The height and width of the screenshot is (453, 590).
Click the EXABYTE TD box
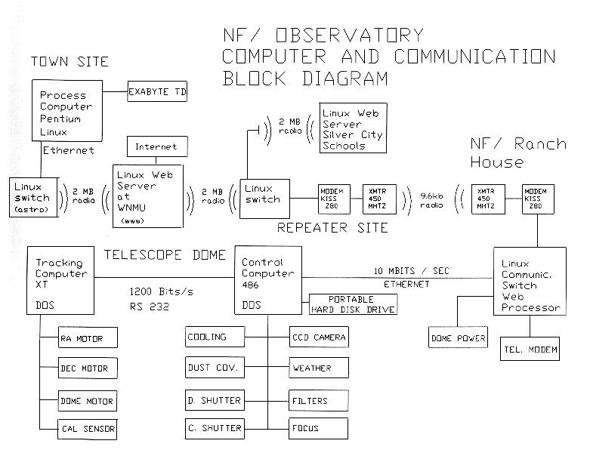(x=156, y=92)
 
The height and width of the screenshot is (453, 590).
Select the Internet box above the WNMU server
(x=156, y=146)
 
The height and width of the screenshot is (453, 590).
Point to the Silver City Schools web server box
(x=353, y=128)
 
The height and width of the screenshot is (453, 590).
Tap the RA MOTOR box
(x=88, y=338)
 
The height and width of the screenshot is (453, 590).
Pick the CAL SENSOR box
(x=88, y=430)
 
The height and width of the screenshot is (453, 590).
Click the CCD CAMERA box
(x=319, y=337)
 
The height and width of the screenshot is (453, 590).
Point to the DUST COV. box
(x=215, y=368)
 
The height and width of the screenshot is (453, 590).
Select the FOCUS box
(x=319, y=428)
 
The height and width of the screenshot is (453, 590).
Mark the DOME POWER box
(x=458, y=337)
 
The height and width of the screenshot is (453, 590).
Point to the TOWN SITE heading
(x=70, y=61)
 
